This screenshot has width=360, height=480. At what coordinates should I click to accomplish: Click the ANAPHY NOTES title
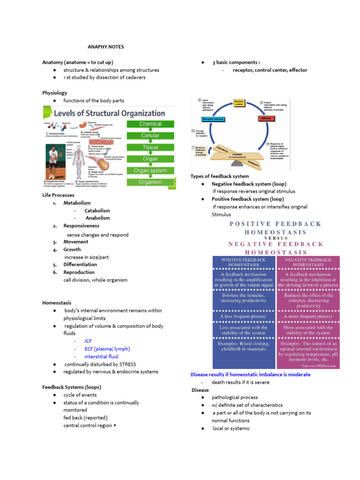coord(106,47)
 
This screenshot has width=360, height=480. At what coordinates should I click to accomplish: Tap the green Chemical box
coord(150,124)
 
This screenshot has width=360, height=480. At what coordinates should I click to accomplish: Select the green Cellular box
coord(150,136)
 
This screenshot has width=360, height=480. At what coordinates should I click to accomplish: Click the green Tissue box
coord(150,148)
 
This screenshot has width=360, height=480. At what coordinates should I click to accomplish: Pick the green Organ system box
coord(150,171)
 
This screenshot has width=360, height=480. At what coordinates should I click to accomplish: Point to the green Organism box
coord(150,182)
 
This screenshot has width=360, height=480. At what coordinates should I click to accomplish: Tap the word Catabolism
coord(97,210)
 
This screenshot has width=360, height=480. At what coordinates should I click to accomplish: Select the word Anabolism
coord(97,218)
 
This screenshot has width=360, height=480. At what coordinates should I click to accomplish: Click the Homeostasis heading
coord(57,303)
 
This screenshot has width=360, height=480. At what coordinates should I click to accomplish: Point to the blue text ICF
coord(88,341)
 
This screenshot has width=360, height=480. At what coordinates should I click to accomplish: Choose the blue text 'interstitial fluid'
coord(101,357)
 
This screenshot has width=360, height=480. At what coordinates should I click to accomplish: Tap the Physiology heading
coord(54,93)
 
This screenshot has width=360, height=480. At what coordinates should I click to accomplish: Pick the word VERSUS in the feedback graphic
coord(276,238)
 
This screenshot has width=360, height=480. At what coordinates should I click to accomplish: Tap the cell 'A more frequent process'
coord(308,316)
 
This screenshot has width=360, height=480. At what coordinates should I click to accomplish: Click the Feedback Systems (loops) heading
coord(71,387)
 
